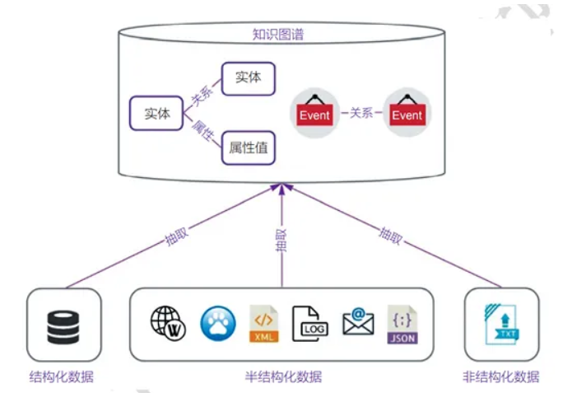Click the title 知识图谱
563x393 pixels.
[282, 35]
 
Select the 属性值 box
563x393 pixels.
[247, 148]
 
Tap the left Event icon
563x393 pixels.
[314, 113]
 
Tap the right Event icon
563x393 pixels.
[407, 113]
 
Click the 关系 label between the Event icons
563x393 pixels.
[361, 114]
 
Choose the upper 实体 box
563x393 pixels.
[248, 78]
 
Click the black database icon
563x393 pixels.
[63, 325]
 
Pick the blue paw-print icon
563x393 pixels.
[217, 325]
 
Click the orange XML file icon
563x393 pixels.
[264, 325]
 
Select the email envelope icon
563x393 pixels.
[358, 323]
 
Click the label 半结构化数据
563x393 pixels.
[282, 377]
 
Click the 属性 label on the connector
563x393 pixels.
[202, 133]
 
